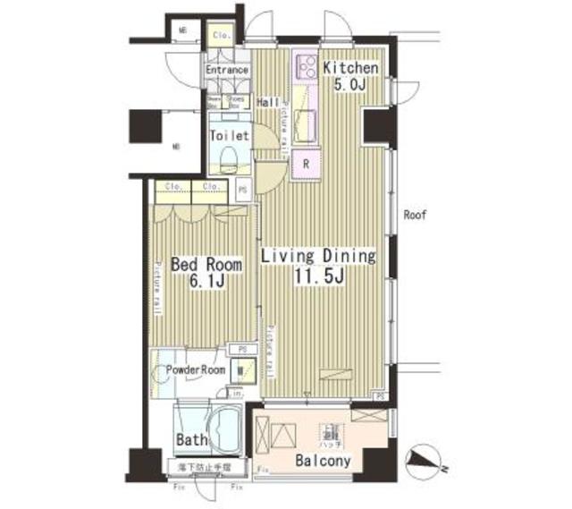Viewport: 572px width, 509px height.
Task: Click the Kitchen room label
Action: (x=351, y=68)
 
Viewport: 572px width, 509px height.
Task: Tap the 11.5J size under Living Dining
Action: (x=317, y=276)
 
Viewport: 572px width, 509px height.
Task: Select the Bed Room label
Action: (x=206, y=266)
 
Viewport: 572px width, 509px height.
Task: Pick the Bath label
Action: (x=191, y=439)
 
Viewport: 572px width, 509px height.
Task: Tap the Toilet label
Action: (x=229, y=137)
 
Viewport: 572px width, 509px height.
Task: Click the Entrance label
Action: (x=226, y=70)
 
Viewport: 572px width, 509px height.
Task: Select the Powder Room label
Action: (x=195, y=369)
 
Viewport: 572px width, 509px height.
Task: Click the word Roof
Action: (x=413, y=215)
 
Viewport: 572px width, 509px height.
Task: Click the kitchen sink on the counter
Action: (x=305, y=123)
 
